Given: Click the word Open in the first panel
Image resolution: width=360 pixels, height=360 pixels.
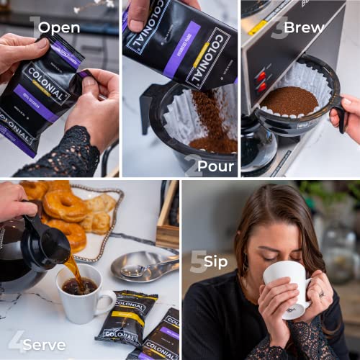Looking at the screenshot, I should click(59, 28).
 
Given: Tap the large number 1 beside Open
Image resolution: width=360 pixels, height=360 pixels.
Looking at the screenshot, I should click(34, 27).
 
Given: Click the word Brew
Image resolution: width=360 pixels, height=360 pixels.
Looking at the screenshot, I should click(304, 28).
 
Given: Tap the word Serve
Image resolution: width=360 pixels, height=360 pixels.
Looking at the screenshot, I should click(44, 344).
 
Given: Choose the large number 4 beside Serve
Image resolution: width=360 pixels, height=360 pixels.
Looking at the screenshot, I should click(16, 342).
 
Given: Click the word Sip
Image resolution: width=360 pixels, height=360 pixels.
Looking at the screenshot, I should click(215, 261).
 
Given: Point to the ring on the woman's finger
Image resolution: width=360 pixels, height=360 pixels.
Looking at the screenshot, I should click(322, 294).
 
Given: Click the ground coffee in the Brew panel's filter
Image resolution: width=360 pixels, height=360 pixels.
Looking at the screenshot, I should click(289, 102).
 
